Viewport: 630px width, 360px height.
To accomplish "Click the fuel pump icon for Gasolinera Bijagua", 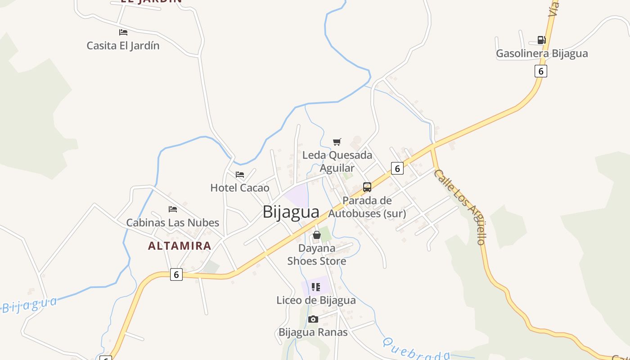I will [541, 40].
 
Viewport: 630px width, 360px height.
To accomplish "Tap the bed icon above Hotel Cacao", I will [240, 175].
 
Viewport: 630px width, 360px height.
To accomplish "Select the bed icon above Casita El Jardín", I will [123, 32].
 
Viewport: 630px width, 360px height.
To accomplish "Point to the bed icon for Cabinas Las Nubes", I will [173, 209].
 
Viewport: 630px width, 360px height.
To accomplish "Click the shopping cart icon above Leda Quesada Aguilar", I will [337, 142].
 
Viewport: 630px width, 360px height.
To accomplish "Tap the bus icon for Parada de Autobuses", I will [367, 187].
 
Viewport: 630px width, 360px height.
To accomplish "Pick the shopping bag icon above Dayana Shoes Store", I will [317, 235].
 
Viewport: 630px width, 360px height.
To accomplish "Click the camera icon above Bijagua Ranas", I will [313, 319].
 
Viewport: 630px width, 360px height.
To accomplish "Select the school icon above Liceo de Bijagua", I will [316, 287].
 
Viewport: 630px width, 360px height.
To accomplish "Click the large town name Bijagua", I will [291, 212].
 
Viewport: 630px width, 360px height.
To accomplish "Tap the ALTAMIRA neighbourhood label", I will [180, 246].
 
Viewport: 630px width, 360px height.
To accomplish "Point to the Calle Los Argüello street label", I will [460, 207].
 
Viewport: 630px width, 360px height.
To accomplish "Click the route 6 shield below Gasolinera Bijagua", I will [541, 71].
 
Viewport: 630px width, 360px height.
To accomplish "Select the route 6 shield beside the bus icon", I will [397, 168].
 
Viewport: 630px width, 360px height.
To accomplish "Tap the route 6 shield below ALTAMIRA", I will [176, 274].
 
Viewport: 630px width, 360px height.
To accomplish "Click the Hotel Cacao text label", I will [240, 188].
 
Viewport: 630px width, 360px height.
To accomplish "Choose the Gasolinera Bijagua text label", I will [542, 54].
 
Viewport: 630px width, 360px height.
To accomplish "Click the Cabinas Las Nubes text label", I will [172, 223].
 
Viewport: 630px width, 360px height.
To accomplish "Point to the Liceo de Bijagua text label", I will [316, 300].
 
